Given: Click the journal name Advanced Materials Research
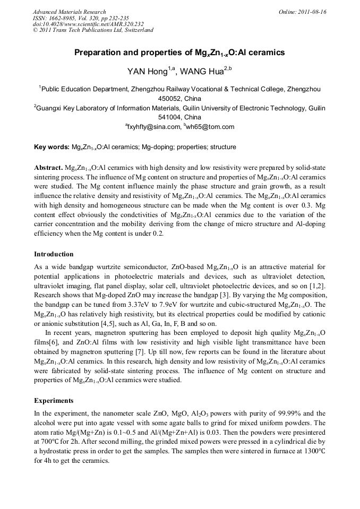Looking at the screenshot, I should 69,12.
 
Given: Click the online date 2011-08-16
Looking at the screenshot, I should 311,12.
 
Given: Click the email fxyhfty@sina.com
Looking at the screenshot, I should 155,127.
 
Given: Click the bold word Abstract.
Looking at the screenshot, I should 48,167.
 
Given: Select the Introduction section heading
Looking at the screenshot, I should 54,254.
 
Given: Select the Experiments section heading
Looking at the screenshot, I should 54,400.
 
